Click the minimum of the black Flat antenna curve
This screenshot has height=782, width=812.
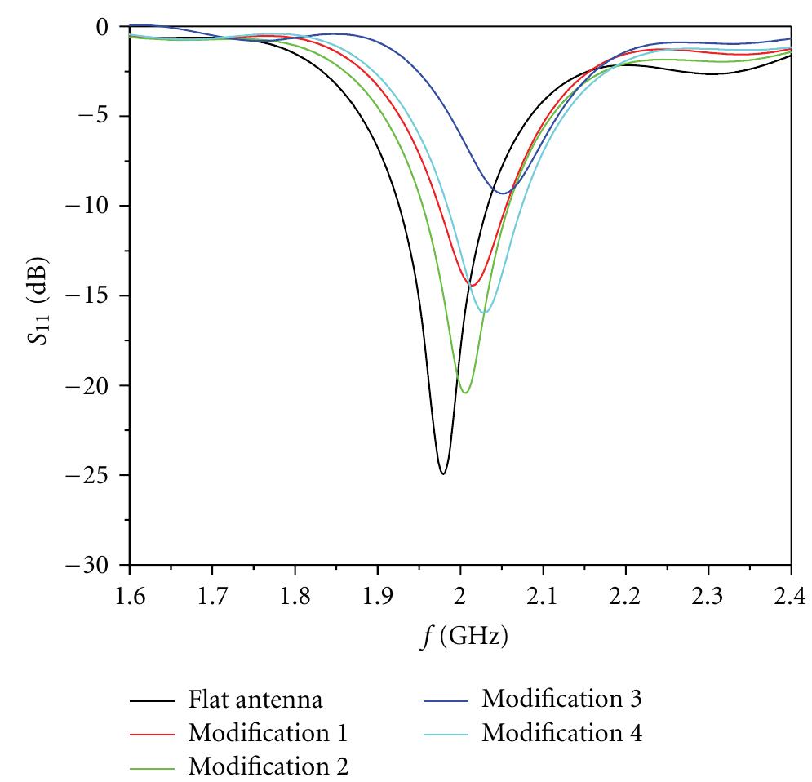(x=442, y=473)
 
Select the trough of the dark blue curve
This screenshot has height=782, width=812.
(x=502, y=193)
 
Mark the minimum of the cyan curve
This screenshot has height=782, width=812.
(x=484, y=313)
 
